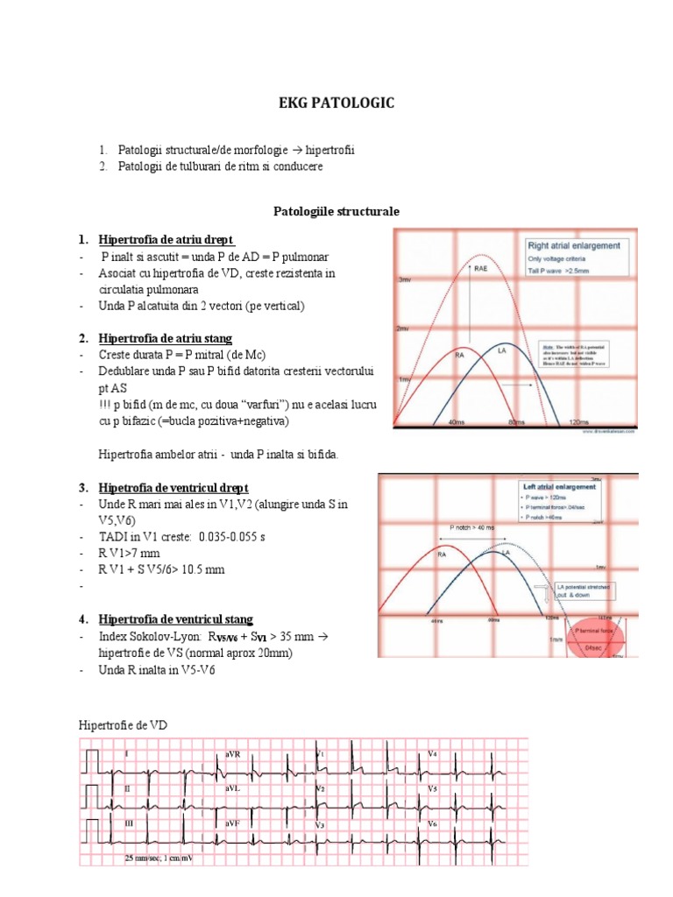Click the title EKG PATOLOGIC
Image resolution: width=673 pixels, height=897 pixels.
click(337, 103)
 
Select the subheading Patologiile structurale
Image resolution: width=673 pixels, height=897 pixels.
click(336, 212)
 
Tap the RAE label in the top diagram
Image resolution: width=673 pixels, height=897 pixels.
click(481, 268)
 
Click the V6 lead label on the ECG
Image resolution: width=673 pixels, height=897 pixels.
click(432, 824)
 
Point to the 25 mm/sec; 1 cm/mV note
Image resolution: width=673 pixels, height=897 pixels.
click(159, 858)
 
